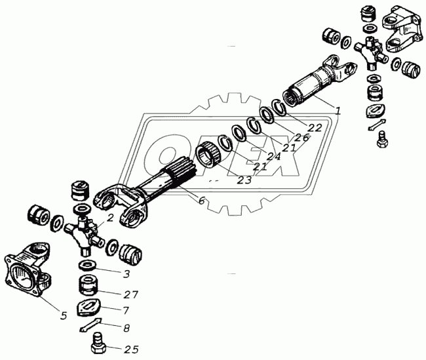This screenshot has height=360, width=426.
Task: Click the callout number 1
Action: point(338,111)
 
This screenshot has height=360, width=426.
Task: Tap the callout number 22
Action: point(315,128)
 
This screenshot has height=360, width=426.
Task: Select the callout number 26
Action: point(302,138)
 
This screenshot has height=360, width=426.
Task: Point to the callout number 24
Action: point(273,157)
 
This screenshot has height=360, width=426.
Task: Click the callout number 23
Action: point(244,180)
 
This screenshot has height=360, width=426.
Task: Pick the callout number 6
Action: point(201,201)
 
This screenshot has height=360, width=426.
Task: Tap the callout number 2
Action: point(109,218)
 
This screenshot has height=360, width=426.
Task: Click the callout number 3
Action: point(126,274)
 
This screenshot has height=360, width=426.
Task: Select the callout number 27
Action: point(130,294)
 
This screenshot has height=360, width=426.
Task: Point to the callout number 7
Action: point(126,310)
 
